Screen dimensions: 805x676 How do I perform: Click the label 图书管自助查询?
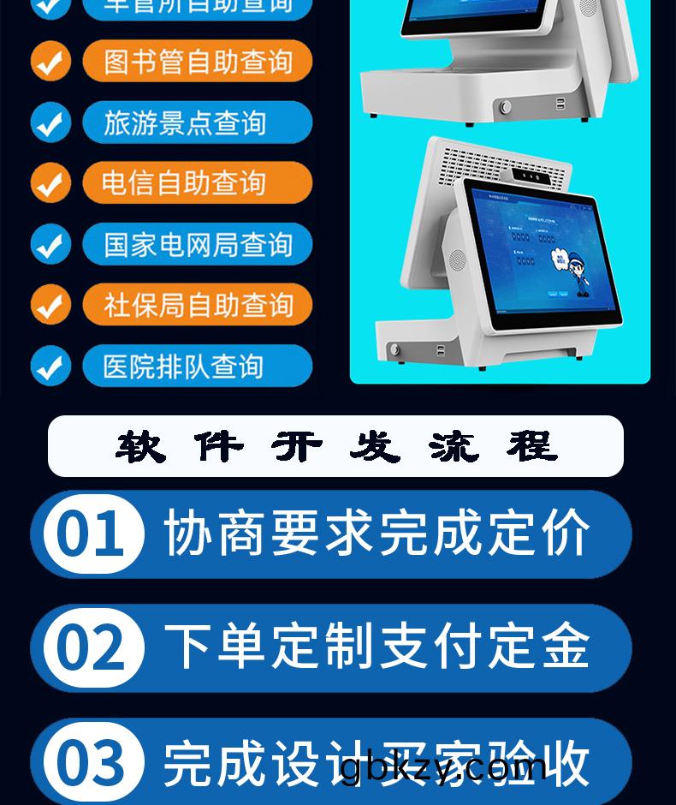(x=198, y=62)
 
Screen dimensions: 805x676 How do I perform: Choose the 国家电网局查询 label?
(x=198, y=244)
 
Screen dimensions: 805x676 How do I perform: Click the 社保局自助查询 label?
(x=198, y=305)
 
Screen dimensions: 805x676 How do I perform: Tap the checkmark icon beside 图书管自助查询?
(x=50, y=62)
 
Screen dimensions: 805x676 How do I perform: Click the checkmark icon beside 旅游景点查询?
(x=50, y=122)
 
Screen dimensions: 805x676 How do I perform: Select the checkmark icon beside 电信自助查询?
(x=50, y=183)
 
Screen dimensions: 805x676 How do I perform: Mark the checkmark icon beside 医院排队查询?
(x=50, y=366)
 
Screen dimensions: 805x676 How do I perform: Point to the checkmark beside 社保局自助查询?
(x=50, y=305)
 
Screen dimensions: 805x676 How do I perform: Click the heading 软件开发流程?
(x=335, y=446)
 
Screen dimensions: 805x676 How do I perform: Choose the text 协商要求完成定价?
(x=377, y=534)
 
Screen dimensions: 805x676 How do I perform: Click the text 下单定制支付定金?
(x=377, y=647)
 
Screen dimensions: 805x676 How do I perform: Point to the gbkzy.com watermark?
(x=443, y=765)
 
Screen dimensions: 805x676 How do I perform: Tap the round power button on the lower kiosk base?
(x=394, y=349)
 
